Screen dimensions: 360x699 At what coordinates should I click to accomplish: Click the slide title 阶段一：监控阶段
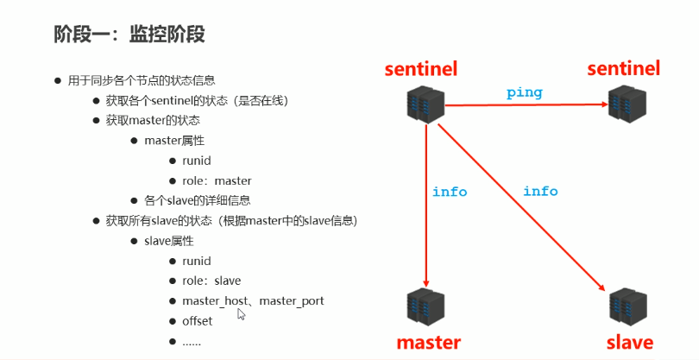pyautogui.click(x=129, y=35)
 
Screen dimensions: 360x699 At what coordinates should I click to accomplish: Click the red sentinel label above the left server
pyautogui.click(x=421, y=69)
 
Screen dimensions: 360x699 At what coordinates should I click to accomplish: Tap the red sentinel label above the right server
pyautogui.click(x=623, y=68)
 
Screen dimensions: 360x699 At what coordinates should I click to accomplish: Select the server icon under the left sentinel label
pyautogui.click(x=424, y=104)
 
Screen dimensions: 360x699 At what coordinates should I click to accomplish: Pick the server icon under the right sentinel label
pyautogui.click(x=627, y=104)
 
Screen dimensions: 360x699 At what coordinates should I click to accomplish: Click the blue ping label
pyautogui.click(x=524, y=92)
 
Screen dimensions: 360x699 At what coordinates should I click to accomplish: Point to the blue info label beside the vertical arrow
pyautogui.click(x=450, y=192)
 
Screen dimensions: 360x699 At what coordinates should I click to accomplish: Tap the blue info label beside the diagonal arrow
pyautogui.click(x=540, y=191)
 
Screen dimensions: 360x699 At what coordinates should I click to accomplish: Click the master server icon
pyautogui.click(x=424, y=307)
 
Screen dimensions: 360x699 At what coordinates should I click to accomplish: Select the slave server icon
pyautogui.click(x=627, y=307)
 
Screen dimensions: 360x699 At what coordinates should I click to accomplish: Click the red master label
pyautogui.click(x=429, y=342)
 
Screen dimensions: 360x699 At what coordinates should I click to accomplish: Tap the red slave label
pyautogui.click(x=629, y=342)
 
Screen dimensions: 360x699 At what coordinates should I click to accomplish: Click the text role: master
pyautogui.click(x=217, y=181)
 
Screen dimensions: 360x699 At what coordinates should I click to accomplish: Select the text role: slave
pyautogui.click(x=211, y=281)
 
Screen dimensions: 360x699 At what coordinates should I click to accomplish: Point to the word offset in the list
pyautogui.click(x=197, y=321)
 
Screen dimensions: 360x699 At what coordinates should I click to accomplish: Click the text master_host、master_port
pyautogui.click(x=253, y=300)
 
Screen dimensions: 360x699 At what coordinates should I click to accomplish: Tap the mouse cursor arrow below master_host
pyautogui.click(x=242, y=315)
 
